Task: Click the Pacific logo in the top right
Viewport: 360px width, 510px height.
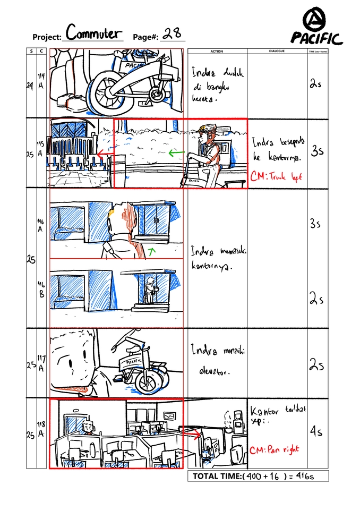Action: click(316, 28)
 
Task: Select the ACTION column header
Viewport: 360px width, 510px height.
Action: click(217, 52)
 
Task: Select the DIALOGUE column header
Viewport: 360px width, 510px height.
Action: click(277, 52)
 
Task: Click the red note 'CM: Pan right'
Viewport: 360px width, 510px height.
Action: click(273, 449)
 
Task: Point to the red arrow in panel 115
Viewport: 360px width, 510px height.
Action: click(105, 155)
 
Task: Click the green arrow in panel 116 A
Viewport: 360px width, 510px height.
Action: click(152, 249)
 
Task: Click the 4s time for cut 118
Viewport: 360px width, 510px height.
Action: click(316, 432)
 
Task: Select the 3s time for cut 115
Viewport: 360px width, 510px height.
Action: click(317, 151)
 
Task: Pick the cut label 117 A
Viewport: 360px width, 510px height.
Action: click(41, 363)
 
